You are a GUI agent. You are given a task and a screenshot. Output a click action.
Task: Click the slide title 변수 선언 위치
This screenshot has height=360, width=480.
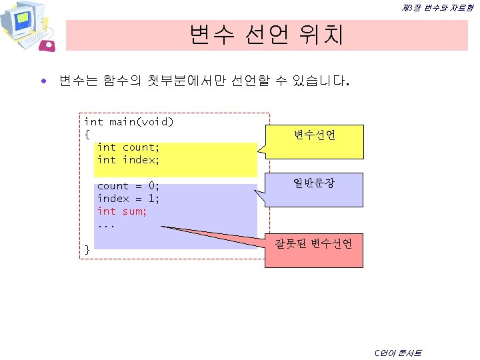266,35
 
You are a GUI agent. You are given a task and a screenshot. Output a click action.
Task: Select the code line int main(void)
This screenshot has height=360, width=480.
129,122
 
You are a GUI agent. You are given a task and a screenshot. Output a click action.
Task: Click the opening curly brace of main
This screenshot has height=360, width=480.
87,135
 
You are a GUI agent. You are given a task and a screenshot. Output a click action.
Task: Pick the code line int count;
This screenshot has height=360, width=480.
128,147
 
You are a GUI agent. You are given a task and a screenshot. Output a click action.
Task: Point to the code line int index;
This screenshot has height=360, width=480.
128,160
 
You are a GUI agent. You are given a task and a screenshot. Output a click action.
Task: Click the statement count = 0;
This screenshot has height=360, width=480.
128,186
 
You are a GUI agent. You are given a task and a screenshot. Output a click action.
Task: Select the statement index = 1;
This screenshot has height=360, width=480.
128,199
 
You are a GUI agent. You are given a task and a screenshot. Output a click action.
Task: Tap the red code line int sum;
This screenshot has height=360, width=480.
122,211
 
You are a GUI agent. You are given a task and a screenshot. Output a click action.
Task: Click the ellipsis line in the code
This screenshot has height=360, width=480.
106,223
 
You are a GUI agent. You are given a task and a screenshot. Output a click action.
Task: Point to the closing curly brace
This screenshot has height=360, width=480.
87,249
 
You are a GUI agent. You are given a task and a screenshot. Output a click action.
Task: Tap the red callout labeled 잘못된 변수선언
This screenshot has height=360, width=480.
314,245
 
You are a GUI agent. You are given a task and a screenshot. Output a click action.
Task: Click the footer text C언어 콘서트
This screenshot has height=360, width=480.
398,352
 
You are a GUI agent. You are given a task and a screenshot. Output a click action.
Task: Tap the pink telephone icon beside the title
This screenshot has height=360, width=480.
49,45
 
